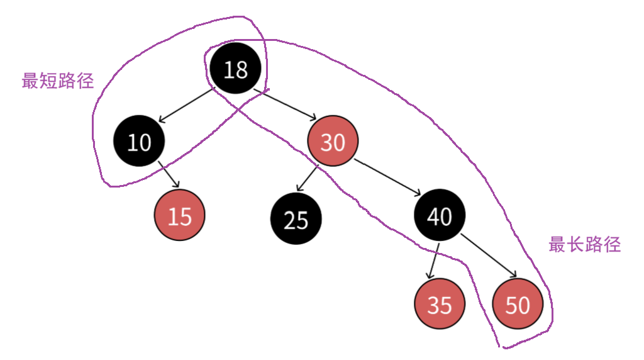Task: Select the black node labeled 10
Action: pyautogui.click(x=139, y=142)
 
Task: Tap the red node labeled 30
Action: pyautogui.click(x=333, y=142)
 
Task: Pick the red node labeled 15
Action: pyautogui.click(x=180, y=216)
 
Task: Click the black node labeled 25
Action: pyautogui.click(x=296, y=220)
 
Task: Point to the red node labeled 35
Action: pyautogui.click(x=440, y=305)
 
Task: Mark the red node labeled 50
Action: pyautogui.click(x=518, y=305)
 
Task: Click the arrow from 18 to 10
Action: pyautogui.click(x=187, y=105)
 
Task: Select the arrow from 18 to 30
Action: pyautogui.click(x=285, y=105)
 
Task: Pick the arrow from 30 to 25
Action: pyautogui.click(x=308, y=177)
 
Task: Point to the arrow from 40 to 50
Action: pyautogui.click(x=488, y=256)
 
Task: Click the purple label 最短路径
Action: pyautogui.click(x=58, y=81)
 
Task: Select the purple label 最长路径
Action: pyautogui.click(x=584, y=245)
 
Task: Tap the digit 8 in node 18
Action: pyautogui.click(x=241, y=70)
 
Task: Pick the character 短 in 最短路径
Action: pyautogui.click(x=48, y=81)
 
